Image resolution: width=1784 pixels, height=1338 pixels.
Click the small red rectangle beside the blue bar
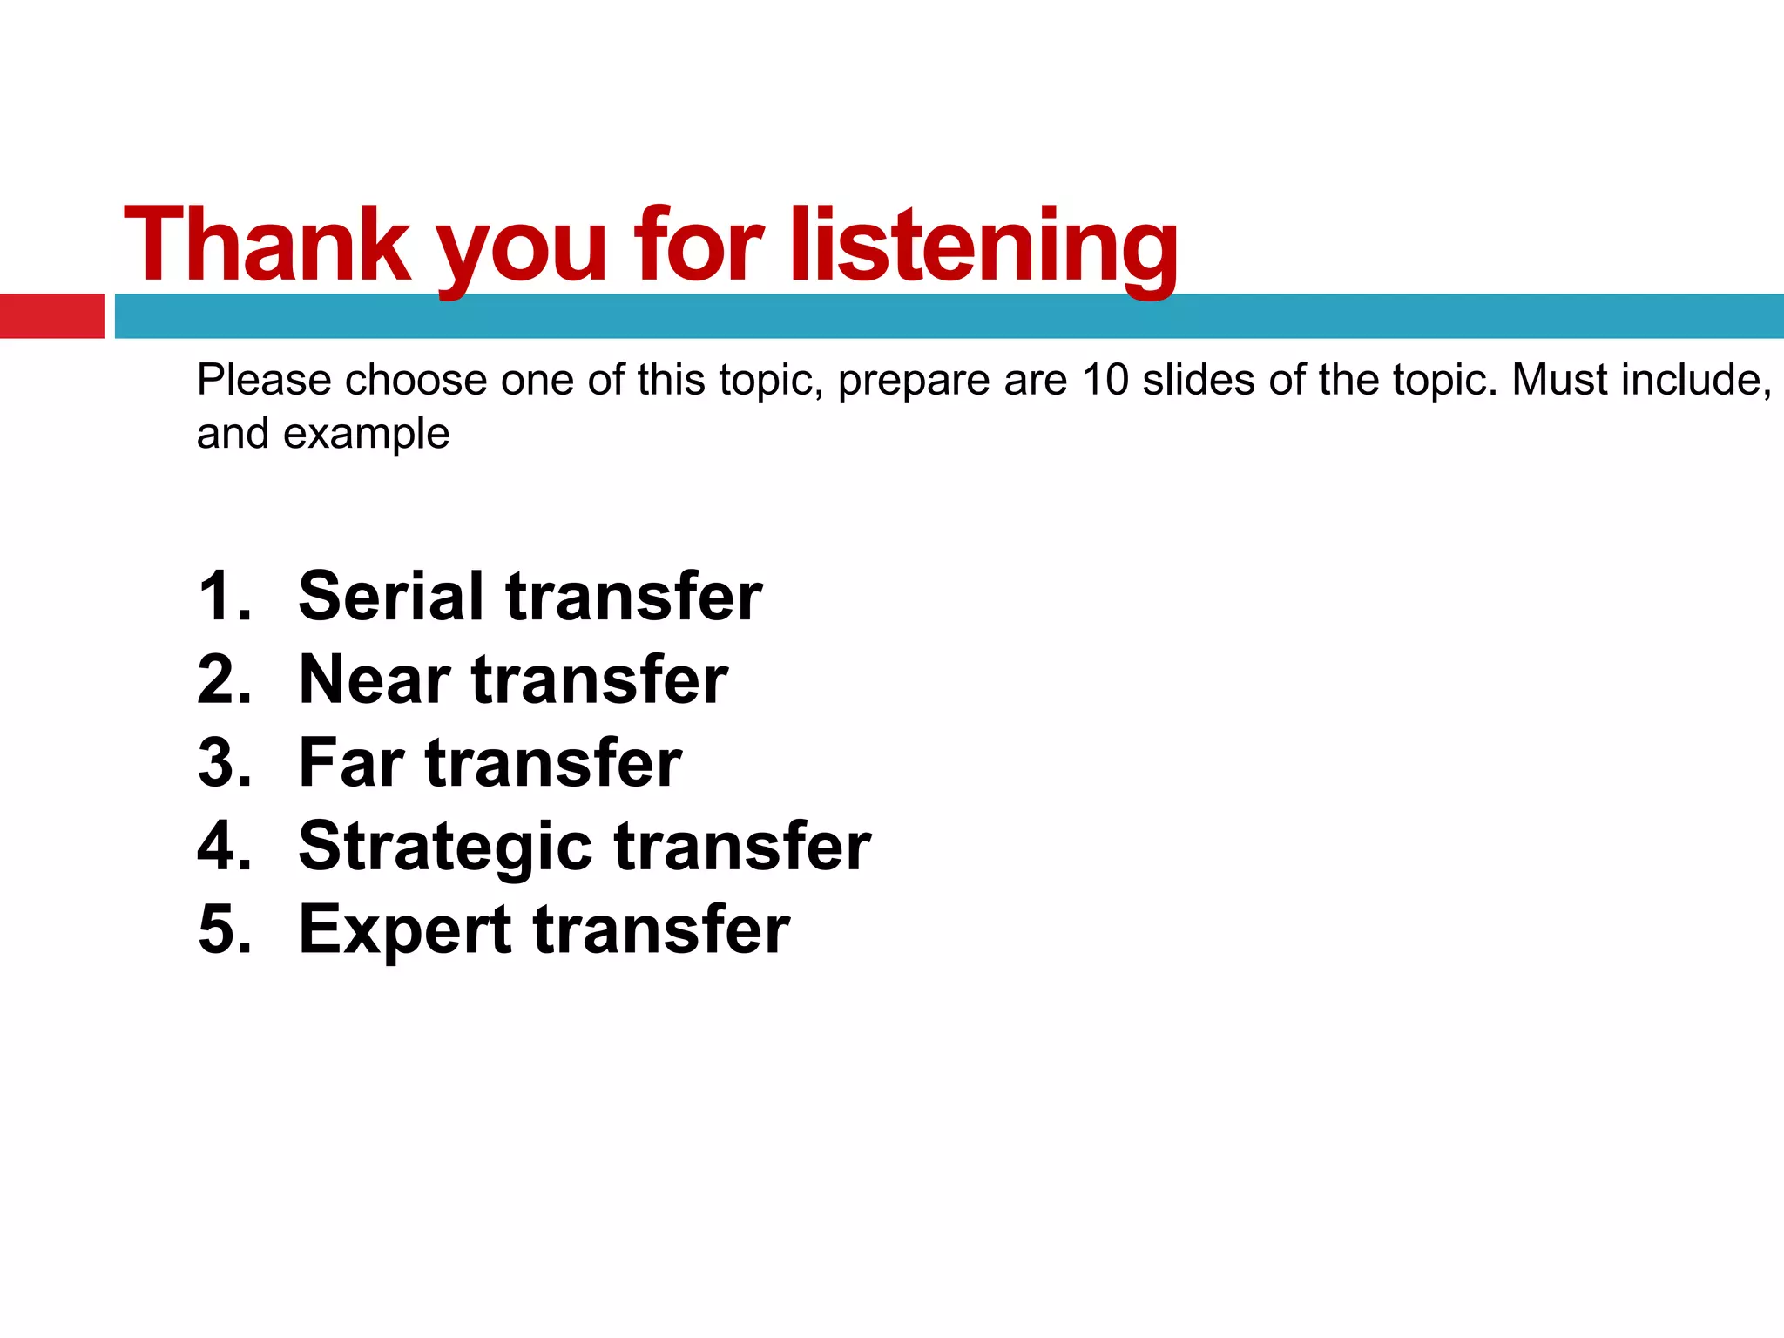(51, 316)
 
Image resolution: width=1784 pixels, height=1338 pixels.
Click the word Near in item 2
(375, 680)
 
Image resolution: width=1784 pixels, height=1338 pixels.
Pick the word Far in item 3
(351, 763)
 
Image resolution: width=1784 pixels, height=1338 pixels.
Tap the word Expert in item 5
(405, 929)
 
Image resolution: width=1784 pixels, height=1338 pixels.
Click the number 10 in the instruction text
(1105, 381)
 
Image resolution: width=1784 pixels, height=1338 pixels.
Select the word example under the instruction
(366, 434)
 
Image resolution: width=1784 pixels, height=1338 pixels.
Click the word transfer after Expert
(661, 929)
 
